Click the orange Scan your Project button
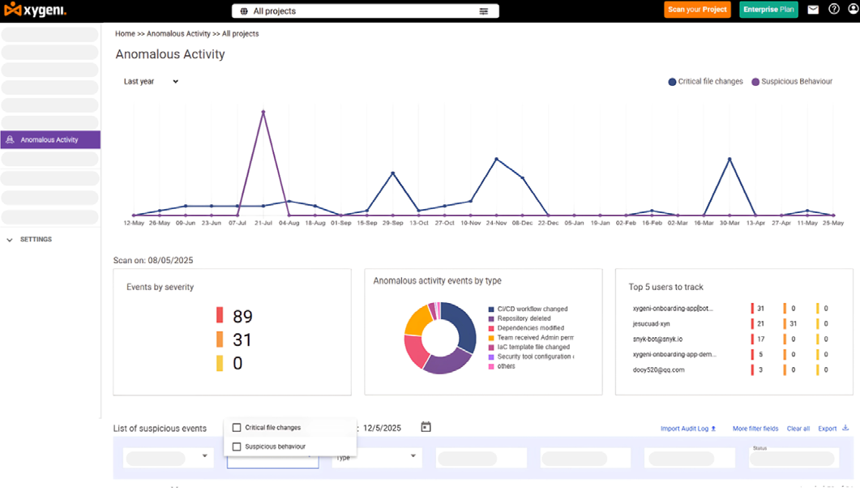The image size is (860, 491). (x=697, y=10)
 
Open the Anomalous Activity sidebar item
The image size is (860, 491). (x=49, y=139)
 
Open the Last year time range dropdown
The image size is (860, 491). (x=151, y=81)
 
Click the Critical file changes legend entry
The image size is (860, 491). (x=705, y=82)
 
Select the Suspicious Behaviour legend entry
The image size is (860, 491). (x=792, y=82)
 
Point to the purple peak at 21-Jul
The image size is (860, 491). (x=263, y=112)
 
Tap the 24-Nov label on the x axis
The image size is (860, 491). (x=496, y=223)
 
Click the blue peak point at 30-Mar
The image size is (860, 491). (x=730, y=159)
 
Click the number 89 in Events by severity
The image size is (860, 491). (x=242, y=316)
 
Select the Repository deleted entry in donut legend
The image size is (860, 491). (x=524, y=318)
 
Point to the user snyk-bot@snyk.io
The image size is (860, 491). (x=657, y=339)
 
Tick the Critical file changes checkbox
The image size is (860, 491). (x=237, y=428)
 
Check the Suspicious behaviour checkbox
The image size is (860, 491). (x=237, y=446)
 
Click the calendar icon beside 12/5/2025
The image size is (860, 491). (x=426, y=427)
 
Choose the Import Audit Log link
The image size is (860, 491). (x=688, y=429)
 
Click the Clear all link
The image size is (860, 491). (x=798, y=429)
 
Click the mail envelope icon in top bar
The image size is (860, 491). (x=813, y=10)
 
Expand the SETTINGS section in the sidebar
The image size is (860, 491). (x=36, y=240)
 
